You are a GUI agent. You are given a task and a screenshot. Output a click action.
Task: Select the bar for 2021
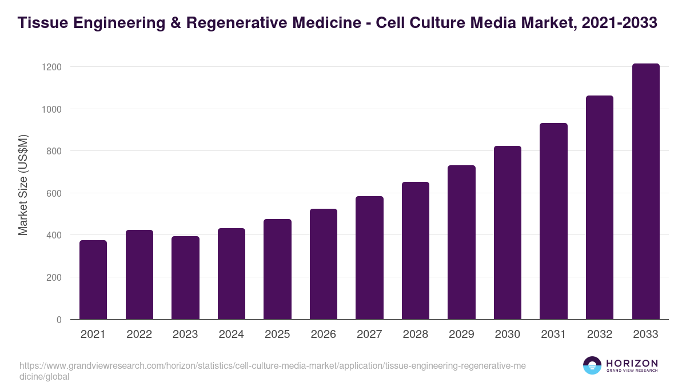tap(93, 280)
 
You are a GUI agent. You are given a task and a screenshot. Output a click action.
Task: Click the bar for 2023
tap(185, 277)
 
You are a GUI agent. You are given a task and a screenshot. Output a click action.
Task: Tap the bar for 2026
tap(324, 264)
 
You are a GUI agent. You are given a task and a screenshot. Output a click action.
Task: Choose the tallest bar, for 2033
tap(645, 191)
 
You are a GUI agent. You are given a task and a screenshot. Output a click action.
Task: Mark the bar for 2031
tap(553, 221)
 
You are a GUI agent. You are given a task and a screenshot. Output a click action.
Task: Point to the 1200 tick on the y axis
tap(51, 67)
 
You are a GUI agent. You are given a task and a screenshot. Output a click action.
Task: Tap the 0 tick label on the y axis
tap(58, 320)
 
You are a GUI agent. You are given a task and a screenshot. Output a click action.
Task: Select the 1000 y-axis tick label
tap(51, 109)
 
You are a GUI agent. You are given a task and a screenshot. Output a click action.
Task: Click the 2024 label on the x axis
tap(232, 335)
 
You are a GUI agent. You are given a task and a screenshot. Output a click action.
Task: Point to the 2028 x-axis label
tap(416, 335)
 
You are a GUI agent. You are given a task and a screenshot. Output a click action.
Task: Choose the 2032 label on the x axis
tap(600, 335)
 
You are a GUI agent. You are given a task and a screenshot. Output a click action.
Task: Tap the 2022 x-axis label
tap(139, 335)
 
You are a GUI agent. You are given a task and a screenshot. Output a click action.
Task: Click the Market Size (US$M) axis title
tap(23, 185)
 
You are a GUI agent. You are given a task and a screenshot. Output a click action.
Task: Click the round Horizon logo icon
tap(592, 365)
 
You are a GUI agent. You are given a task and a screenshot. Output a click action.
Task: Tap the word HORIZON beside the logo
tap(632, 363)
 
